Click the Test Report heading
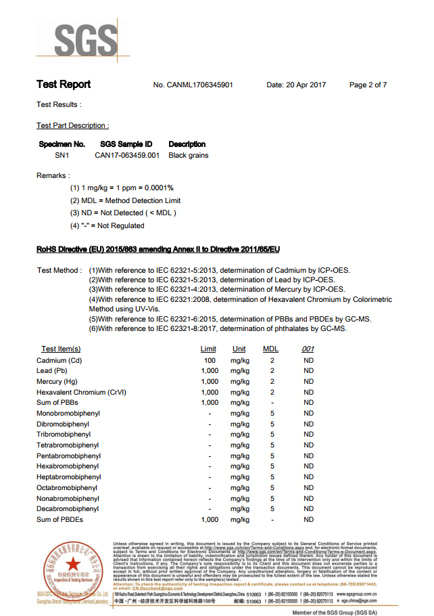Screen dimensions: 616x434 pos(64,85)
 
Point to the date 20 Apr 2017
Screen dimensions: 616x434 pos(296,85)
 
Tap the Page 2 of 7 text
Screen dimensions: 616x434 pos(368,85)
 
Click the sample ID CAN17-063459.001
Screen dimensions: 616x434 pos(127,155)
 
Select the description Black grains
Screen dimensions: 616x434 pos(189,155)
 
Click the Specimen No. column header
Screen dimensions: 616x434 pos(62,144)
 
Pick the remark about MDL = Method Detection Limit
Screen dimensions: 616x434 pos(125,200)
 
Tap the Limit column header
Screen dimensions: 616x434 pos(209,349)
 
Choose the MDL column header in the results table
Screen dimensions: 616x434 pos(270,349)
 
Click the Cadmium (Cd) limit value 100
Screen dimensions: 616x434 pos(210,361)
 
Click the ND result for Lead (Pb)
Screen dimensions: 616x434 pos(308,371)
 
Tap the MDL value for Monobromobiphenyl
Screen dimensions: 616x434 pos(272,414)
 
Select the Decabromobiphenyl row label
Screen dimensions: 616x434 pos(68,509)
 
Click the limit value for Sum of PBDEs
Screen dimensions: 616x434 pos(210,520)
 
